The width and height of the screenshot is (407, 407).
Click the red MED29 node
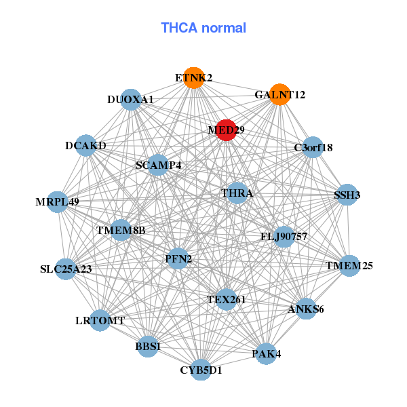(226, 130)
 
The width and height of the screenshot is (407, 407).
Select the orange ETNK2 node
(193, 77)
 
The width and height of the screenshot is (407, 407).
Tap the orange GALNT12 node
(279, 94)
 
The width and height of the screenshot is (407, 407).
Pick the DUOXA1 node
(130, 99)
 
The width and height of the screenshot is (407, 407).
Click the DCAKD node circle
(86, 145)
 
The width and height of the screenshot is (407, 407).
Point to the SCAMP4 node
(158, 165)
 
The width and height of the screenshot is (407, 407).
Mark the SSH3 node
(347, 195)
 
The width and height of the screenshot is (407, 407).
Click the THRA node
(237, 193)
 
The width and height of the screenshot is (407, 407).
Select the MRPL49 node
(58, 201)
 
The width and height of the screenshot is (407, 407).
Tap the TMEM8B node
(121, 231)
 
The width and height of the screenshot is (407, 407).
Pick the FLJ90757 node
(284, 237)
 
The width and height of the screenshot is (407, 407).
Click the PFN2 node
(177, 258)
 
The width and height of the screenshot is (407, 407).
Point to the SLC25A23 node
(66, 269)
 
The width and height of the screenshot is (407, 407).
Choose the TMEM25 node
(349, 265)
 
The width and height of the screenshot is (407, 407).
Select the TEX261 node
(226, 299)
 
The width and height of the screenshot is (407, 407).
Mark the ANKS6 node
(306, 309)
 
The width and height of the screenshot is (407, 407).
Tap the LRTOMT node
(100, 320)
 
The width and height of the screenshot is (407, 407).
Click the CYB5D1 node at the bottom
(201, 370)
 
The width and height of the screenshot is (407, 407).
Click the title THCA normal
(203, 28)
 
